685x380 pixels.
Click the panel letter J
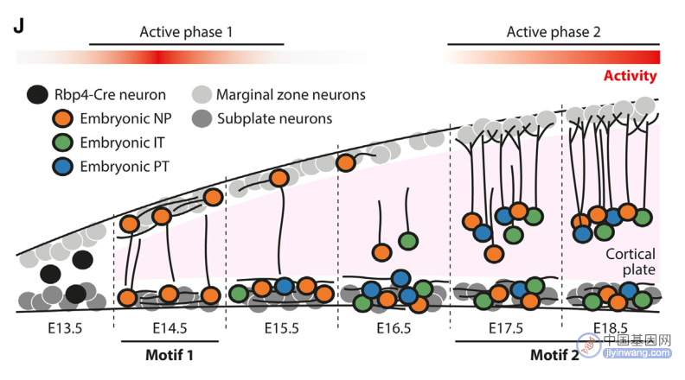[x=18, y=26]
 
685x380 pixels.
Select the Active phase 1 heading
[x=186, y=32]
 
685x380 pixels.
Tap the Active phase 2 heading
[x=554, y=32]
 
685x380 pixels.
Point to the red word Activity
[x=630, y=76]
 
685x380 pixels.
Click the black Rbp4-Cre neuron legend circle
[x=37, y=94]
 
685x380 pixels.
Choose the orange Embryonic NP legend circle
[x=62, y=118]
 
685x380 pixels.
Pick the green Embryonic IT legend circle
[x=62, y=142]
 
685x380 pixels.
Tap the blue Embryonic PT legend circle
[x=62, y=166]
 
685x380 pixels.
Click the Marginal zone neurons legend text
[x=291, y=95]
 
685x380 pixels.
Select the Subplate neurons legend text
[x=274, y=118]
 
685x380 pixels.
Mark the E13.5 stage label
[x=65, y=328]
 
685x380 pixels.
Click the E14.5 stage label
[x=170, y=328]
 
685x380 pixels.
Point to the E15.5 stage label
[x=282, y=328]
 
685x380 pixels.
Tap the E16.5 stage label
[x=394, y=328]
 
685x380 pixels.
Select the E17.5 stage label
[x=505, y=328]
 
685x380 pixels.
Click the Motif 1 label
[x=169, y=355]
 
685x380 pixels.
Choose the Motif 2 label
[x=554, y=355]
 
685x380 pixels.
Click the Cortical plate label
[x=631, y=262]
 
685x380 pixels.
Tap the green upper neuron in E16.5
[x=408, y=241]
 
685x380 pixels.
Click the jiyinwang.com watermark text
[x=637, y=353]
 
